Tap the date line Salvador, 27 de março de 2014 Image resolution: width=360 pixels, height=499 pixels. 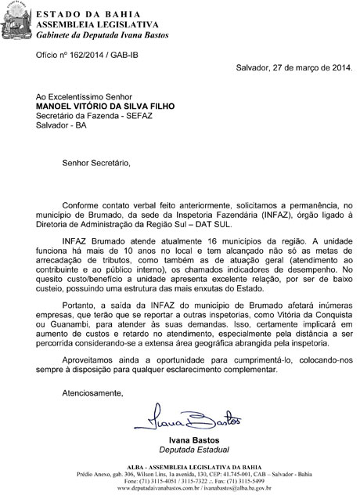(294, 67)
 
